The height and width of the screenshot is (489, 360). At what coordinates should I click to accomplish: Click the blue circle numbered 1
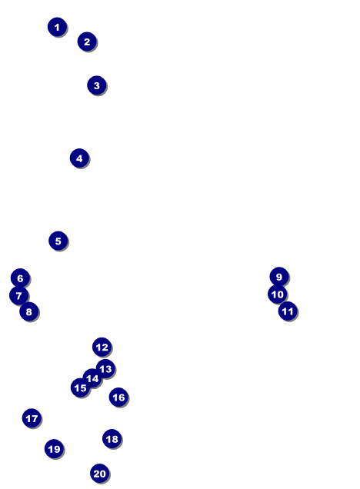point(57,27)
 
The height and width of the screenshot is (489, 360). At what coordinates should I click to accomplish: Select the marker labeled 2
point(87,42)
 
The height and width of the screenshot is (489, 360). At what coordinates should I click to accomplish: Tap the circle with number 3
point(97,85)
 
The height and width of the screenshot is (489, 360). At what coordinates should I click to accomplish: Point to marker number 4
point(79,158)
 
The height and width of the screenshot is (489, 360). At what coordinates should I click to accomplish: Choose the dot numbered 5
point(58,241)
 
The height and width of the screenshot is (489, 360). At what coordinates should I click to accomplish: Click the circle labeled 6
point(20,278)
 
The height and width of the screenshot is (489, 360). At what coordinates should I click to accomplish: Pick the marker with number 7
point(19,295)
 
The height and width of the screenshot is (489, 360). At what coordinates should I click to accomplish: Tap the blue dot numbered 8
point(29,311)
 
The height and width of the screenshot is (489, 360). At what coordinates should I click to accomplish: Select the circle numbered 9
point(279,277)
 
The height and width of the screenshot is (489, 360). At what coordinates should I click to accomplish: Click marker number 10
point(278,294)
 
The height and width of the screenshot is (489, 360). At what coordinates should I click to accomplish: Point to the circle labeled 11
point(288,311)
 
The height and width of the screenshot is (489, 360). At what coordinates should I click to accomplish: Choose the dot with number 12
point(102,347)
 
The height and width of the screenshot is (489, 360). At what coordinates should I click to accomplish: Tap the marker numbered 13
point(105,368)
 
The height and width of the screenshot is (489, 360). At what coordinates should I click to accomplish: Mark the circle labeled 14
point(92,378)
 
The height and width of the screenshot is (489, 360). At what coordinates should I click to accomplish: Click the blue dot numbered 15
point(81,388)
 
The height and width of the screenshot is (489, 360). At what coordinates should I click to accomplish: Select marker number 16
point(118,397)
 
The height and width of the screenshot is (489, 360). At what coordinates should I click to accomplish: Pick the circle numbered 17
point(32,418)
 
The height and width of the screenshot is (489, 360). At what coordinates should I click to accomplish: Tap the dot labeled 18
point(112,439)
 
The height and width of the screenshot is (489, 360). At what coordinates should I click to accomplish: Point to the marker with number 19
point(55,449)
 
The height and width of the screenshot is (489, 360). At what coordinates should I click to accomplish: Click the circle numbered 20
point(100,474)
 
